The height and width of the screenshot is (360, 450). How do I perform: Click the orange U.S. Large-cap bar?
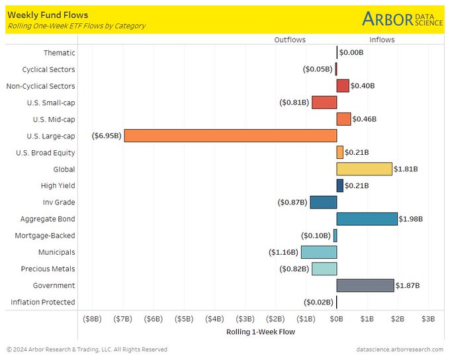point(230,136)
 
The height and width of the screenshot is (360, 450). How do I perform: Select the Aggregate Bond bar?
point(367,219)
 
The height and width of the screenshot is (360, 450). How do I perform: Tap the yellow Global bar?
point(364,169)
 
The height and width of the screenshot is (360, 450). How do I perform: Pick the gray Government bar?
point(365,285)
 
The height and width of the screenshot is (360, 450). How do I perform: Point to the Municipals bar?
point(319,252)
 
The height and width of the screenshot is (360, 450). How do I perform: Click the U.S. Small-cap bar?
point(324,103)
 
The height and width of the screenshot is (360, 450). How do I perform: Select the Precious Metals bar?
point(324,269)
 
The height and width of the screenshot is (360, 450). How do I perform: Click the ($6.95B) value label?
point(107,136)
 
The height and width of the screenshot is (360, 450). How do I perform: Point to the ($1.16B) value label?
point(283,252)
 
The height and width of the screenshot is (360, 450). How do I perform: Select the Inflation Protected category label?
point(43,302)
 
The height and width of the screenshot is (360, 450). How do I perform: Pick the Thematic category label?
point(60,53)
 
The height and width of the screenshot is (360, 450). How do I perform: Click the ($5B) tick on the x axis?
point(184,319)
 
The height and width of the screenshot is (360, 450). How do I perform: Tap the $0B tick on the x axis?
point(337,319)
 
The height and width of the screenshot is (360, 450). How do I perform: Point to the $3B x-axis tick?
point(428,319)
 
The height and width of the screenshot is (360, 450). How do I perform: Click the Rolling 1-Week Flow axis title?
point(261,332)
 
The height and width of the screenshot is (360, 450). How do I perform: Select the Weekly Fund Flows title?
point(48,14)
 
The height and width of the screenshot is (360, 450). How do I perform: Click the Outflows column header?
point(290,40)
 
